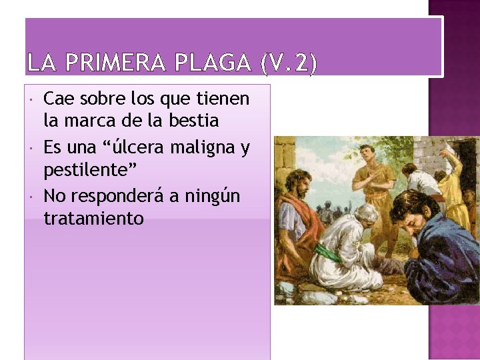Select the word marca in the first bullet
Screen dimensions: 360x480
click(x=93, y=121)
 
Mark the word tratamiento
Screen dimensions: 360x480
click(x=93, y=218)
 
